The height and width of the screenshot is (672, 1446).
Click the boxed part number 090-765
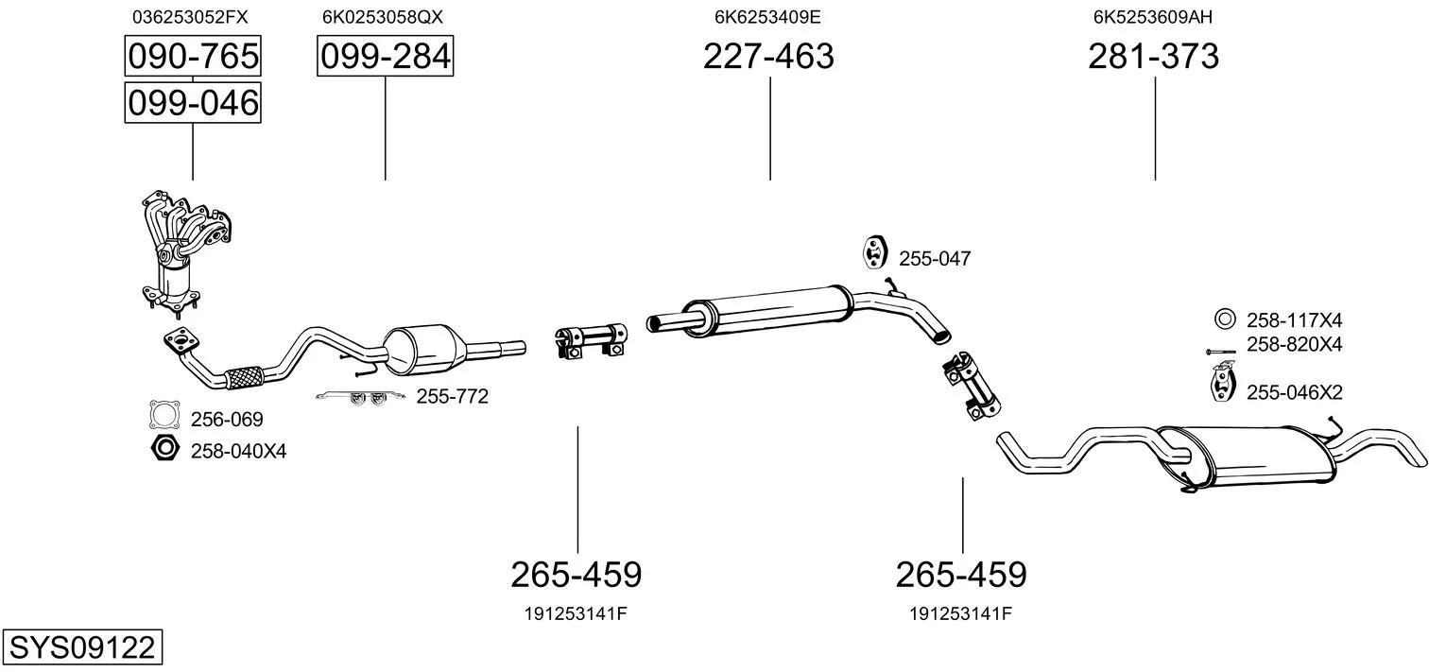193,56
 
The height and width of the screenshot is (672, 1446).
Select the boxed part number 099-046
193,103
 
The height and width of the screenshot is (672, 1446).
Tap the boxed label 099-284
386,56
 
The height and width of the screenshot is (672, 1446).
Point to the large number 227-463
768,56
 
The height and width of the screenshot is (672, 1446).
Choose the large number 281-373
1154,56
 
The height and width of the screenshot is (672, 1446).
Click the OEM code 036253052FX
190,17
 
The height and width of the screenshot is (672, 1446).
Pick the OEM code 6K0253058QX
383,17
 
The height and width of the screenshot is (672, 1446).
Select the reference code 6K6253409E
767,17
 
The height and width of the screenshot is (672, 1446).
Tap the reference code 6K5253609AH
1153,17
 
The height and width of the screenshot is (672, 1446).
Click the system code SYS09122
82,646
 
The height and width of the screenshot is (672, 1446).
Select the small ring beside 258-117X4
1225,319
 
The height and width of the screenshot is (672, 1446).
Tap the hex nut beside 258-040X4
164,447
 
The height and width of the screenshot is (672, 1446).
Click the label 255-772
452,396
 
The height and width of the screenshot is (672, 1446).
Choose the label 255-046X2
1294,392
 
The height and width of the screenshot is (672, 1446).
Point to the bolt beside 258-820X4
1221,352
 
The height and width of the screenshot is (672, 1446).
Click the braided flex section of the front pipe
244,377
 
